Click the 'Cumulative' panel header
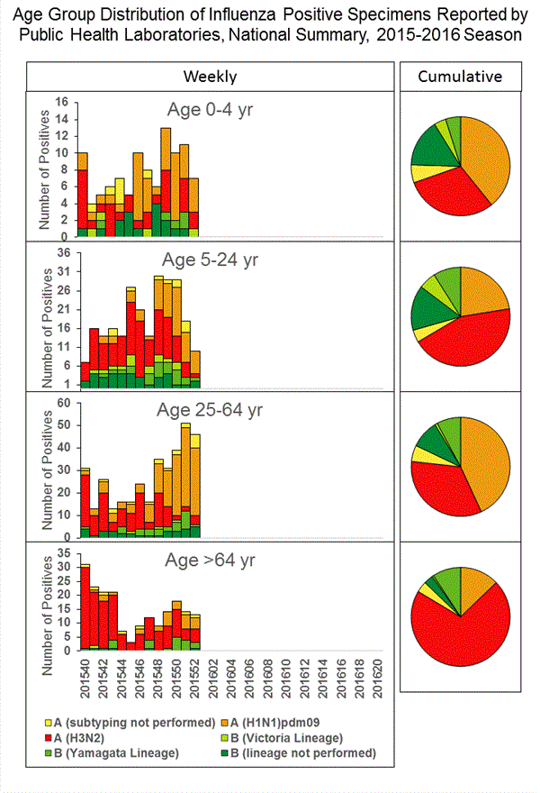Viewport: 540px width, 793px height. (460, 76)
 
